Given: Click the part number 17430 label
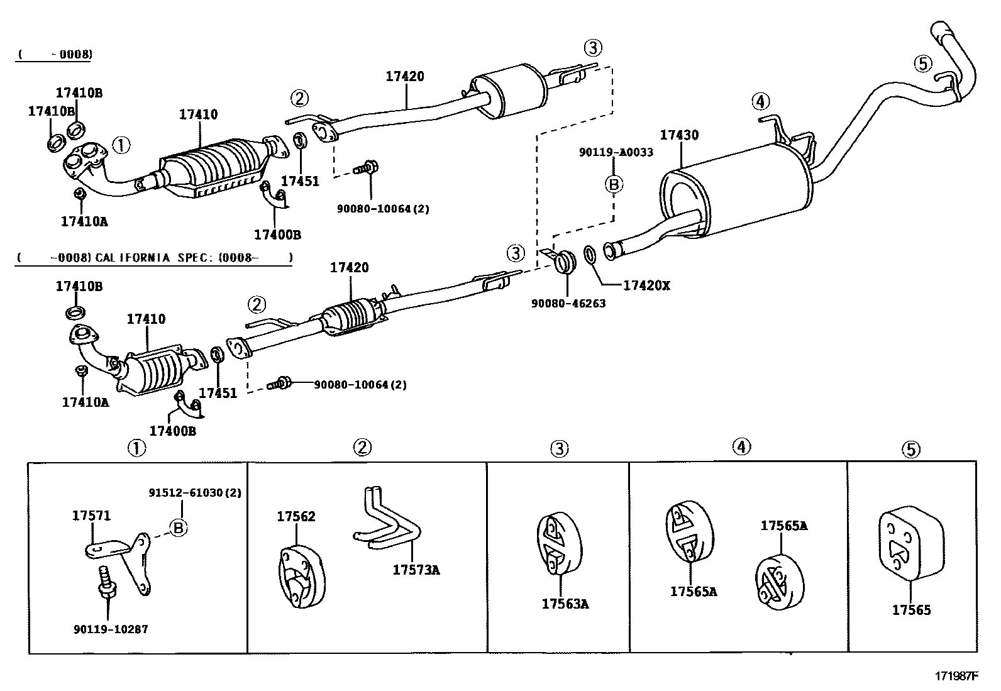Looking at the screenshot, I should pos(678,135).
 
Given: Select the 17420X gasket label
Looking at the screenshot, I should pos(646,285).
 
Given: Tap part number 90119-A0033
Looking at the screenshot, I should pos(616,152).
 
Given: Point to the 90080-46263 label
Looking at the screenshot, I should pos(568,303).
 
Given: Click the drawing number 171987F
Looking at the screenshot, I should pos(956,677).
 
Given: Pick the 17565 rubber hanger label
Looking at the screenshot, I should pos(911,610).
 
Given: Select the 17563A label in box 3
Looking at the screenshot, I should pos(565,604).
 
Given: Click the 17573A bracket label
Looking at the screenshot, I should pos(416,570).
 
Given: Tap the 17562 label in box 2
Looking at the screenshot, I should pos(296,516).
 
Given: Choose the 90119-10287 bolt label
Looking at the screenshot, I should pos(110,629).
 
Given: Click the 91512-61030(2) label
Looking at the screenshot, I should pos(195,492).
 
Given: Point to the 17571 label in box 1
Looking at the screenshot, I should pos(91,516).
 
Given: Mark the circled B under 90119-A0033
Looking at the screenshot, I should pos(614,184).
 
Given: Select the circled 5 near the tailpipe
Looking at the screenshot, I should pos(922,63).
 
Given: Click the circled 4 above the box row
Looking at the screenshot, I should pos(741,447).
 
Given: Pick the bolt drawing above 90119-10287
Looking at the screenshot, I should pos(106,582).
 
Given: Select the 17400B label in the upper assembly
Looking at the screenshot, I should pos(277,235).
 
